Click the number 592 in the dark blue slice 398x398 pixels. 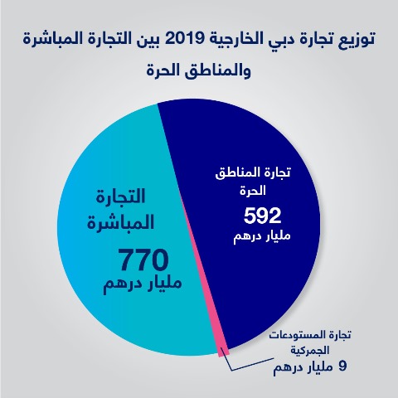click(x=262, y=216)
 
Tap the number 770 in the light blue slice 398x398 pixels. click(x=143, y=260)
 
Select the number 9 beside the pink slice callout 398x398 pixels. click(x=342, y=366)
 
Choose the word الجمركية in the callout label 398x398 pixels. click(x=309, y=351)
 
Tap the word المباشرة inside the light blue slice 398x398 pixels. click(x=120, y=223)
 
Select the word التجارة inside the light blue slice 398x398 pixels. click(x=120, y=197)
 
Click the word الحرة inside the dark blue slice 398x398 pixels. click(x=253, y=191)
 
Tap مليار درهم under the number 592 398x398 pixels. click(x=262, y=237)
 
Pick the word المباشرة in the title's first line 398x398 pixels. click(x=52, y=39)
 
